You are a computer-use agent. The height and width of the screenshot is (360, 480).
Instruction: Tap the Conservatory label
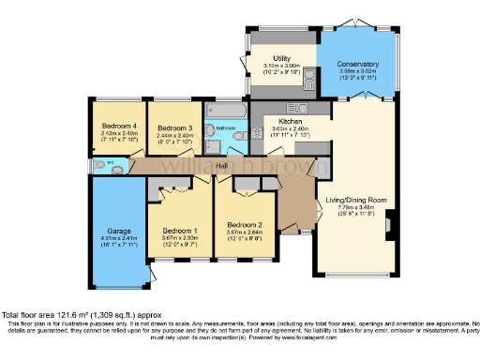click(359, 64)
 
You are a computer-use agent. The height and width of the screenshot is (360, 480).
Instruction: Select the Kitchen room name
click(290, 121)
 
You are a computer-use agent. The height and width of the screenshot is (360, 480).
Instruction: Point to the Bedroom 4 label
click(119, 127)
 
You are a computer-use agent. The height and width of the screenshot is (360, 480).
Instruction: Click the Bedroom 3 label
click(174, 127)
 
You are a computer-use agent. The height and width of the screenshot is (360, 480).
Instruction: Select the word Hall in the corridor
click(222, 166)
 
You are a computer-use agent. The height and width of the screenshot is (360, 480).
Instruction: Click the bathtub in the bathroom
click(226, 112)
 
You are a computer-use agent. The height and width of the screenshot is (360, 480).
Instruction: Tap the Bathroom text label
click(225, 127)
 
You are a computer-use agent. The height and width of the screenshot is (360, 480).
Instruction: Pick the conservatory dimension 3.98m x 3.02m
click(359, 71)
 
